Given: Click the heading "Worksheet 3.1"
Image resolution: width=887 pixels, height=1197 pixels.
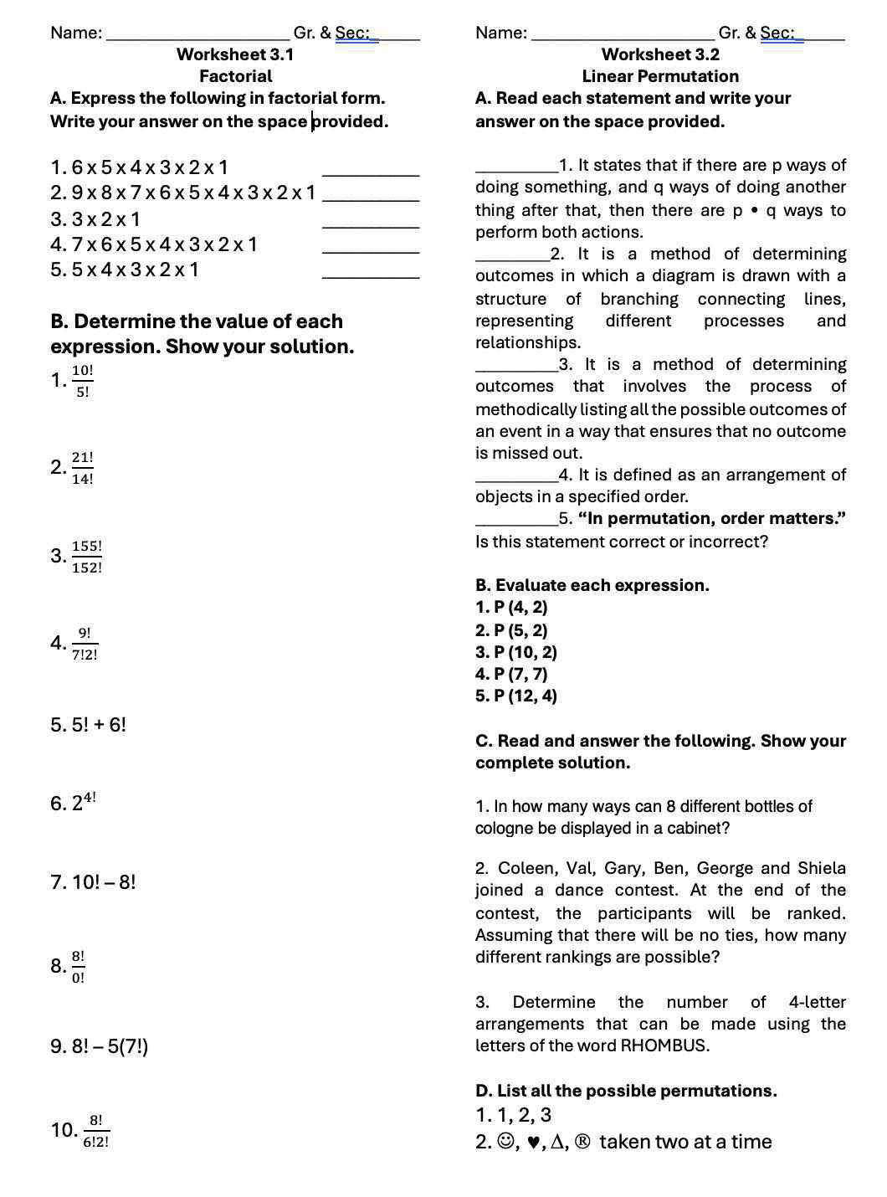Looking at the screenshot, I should (235, 54).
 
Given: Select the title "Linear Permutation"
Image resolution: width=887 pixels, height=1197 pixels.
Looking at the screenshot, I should (660, 76).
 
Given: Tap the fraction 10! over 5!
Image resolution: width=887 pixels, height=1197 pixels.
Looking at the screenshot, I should (83, 381).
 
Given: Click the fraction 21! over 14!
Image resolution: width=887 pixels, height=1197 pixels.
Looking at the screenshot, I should (83, 468).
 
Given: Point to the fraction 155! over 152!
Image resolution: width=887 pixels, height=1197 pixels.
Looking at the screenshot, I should (87, 557).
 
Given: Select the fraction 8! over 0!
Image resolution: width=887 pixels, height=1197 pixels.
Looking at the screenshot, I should (78, 967).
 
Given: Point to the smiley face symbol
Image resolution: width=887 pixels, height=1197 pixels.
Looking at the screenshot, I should (505, 1142).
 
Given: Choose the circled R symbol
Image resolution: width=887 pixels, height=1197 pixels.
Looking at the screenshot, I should (583, 1142).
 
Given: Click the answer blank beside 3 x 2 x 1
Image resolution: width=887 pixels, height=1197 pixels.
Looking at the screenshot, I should (370, 226).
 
